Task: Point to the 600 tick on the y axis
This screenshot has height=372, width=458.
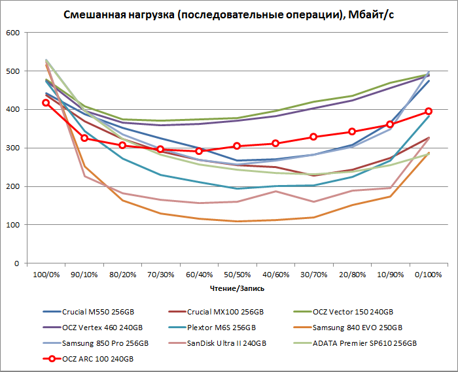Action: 12,33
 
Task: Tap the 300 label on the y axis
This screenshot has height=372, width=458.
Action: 12,148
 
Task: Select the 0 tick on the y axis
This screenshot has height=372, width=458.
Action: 18,263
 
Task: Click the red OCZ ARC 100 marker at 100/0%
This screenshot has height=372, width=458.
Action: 46,103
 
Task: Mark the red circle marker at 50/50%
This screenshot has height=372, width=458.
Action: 237,146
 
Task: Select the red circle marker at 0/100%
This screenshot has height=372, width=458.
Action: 429,112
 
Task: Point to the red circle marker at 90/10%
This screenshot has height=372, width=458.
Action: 84,138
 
